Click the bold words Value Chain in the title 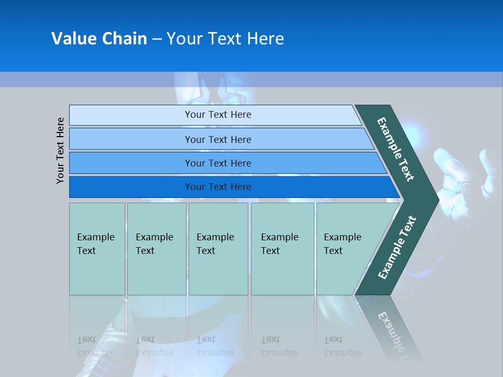pos(99,39)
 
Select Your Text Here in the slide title pos(225,39)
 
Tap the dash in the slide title pos(157,39)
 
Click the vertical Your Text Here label pos(60,150)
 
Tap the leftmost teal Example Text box pos(97,248)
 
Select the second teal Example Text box pos(156,248)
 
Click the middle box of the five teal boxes pos(218,248)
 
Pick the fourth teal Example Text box pos(282,248)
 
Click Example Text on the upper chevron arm pos(396,149)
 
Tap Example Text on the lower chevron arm pos(397,247)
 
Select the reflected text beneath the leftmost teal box pos(96,346)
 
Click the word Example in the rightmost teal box pos(342,237)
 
